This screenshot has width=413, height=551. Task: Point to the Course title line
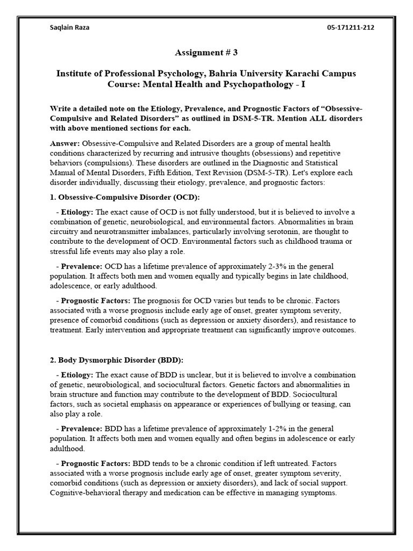(x=206, y=84)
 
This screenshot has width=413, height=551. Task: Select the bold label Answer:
(x=65, y=144)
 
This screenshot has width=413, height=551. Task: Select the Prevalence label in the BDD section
(x=81, y=429)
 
